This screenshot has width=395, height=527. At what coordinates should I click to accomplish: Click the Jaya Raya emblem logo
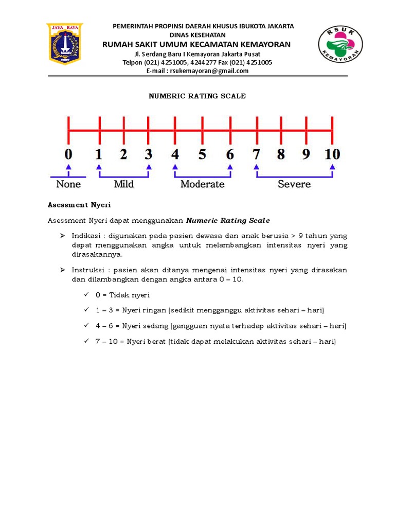[65, 44]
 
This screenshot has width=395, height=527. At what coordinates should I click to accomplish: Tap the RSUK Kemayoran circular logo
[340, 45]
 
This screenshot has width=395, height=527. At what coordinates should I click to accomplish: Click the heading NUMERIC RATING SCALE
[197, 96]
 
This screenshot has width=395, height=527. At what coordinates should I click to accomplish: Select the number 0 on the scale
[68, 154]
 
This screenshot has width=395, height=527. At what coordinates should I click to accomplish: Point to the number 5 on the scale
[202, 154]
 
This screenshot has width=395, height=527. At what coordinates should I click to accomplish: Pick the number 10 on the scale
[332, 154]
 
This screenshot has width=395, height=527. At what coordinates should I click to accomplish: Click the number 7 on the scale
[256, 154]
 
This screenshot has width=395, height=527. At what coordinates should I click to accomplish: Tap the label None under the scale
[68, 184]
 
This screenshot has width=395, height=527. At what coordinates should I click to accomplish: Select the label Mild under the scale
[123, 184]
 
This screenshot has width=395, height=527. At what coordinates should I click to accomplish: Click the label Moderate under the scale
[202, 184]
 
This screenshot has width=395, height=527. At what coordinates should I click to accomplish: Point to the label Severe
[294, 184]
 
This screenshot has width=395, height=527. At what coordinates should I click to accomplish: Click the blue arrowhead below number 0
[68, 167]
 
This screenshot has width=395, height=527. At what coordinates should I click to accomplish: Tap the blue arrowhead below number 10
[333, 167]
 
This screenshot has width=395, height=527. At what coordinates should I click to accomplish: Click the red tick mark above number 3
[149, 130]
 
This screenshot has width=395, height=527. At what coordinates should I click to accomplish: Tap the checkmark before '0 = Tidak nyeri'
[85, 295]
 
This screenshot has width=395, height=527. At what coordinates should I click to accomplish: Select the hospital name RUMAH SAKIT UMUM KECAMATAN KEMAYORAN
[197, 44]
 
